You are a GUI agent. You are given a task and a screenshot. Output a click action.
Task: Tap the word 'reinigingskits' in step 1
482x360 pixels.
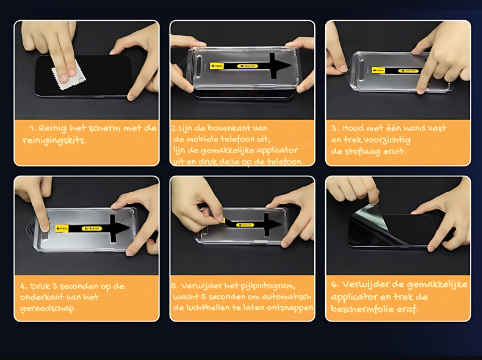tap(54, 140)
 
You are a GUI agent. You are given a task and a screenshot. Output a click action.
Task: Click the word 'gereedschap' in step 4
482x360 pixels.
tap(51, 309)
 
